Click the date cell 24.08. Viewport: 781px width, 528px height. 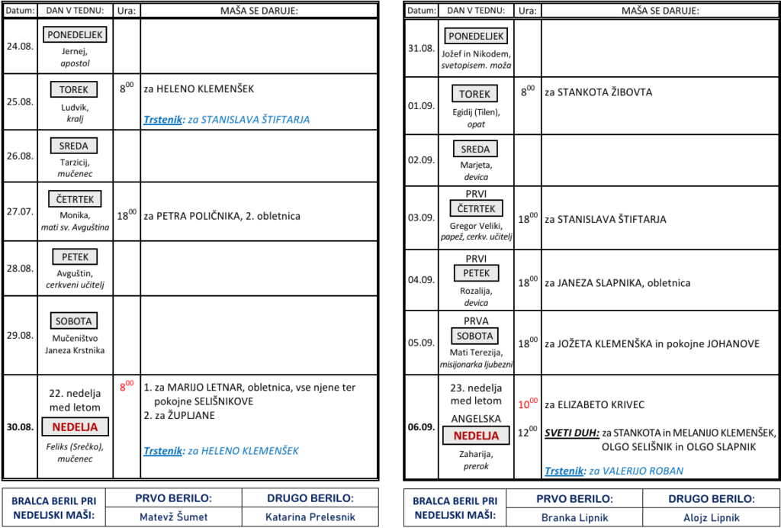[x=20, y=47]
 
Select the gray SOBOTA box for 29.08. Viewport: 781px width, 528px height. [x=74, y=320]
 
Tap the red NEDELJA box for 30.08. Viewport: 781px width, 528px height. [x=76, y=427]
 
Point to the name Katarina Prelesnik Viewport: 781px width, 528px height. [x=310, y=517]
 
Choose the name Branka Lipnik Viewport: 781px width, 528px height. [x=574, y=517]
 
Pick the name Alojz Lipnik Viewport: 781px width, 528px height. [x=712, y=517]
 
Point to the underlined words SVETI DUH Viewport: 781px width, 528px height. [x=572, y=433]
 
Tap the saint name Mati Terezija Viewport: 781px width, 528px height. [x=476, y=353]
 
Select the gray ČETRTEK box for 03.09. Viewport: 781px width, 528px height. [x=476, y=208]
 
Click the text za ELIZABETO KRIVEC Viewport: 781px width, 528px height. [x=595, y=404]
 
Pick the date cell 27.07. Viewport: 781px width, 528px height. [x=20, y=211]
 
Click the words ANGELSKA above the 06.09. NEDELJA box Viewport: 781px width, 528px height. [x=476, y=419]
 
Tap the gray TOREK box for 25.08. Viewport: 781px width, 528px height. [x=74, y=90]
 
